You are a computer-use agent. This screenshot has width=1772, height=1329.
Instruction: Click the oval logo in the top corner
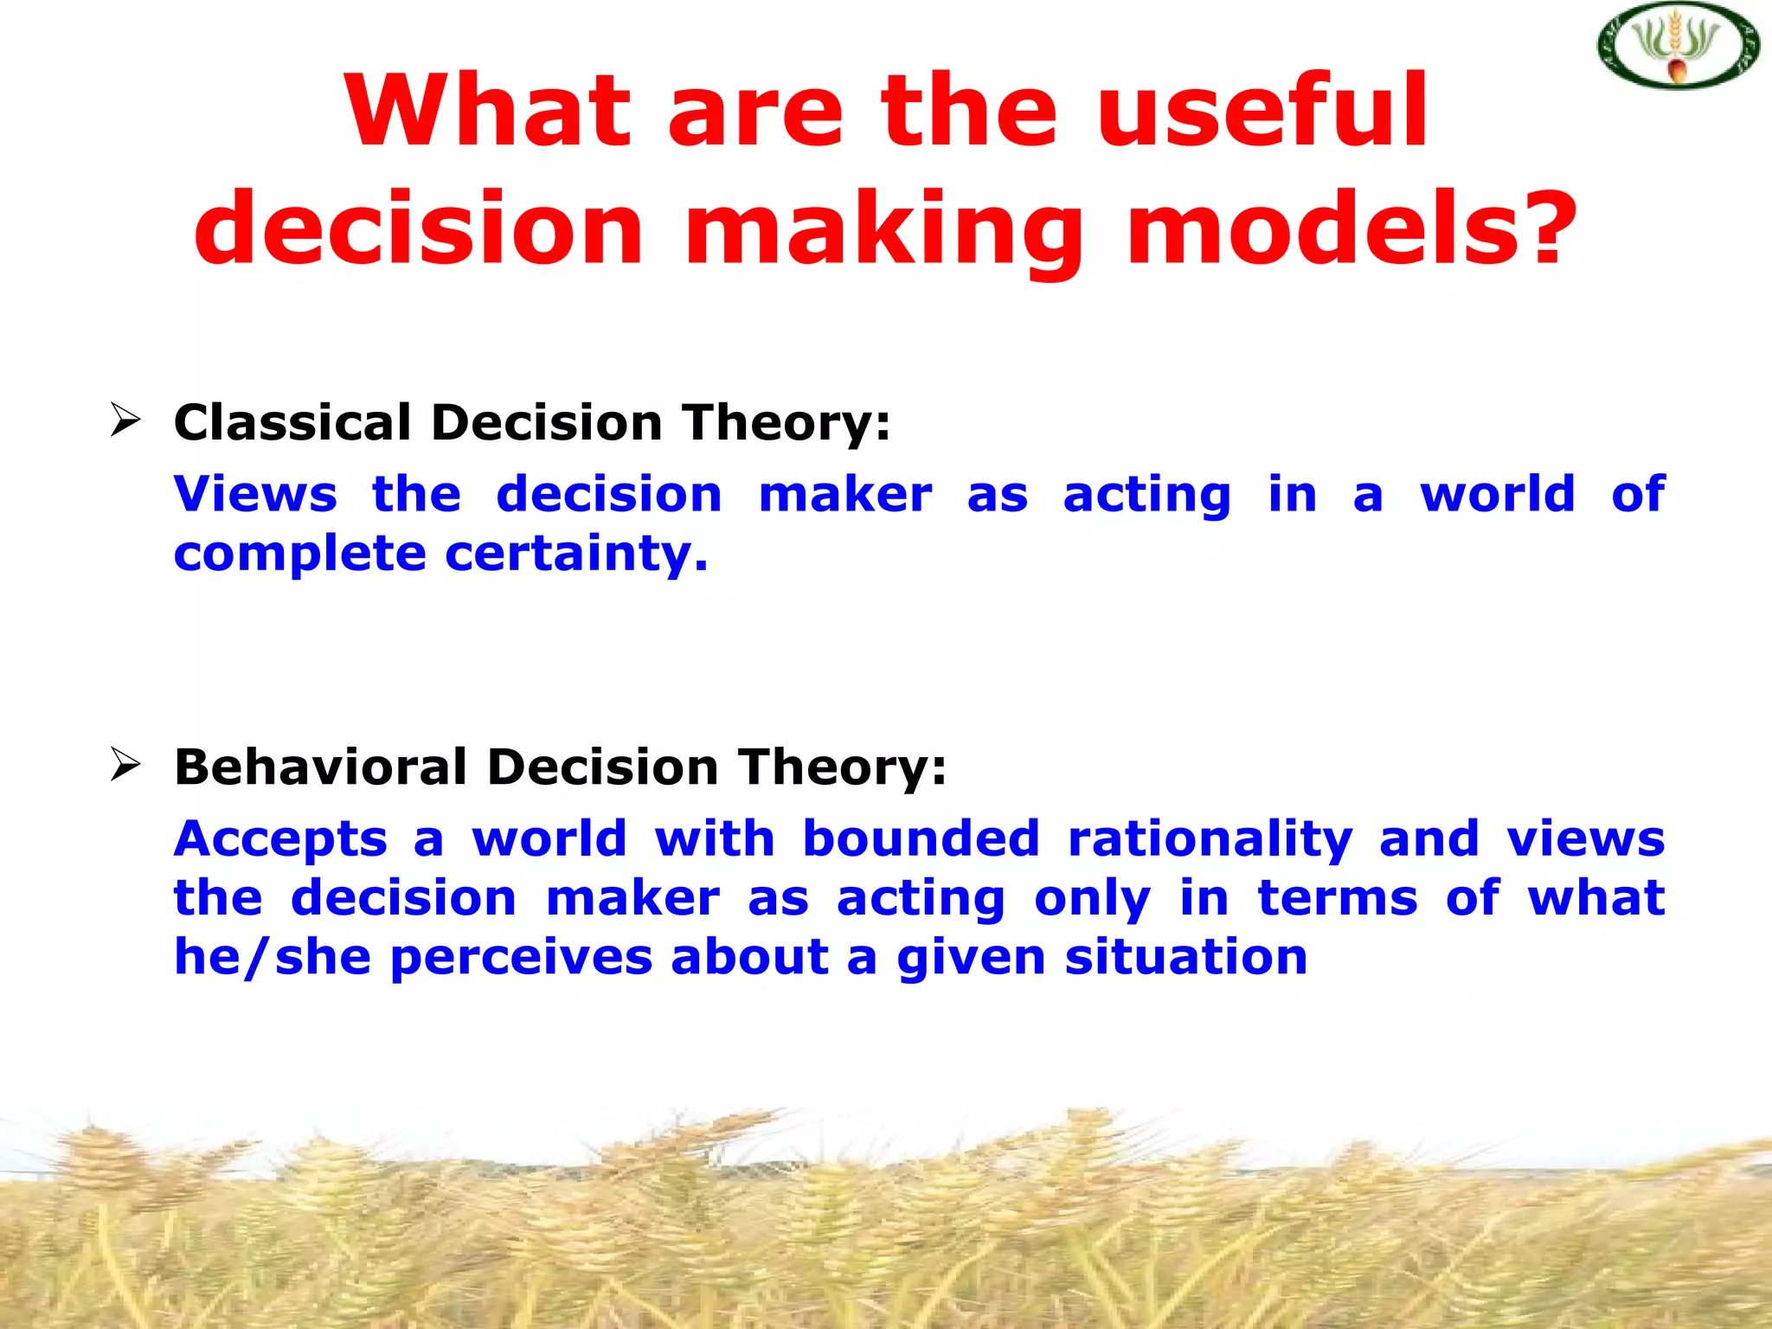1678,46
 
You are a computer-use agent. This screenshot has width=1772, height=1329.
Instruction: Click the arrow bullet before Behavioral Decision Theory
125,765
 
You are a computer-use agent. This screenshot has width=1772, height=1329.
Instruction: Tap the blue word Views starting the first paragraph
255,494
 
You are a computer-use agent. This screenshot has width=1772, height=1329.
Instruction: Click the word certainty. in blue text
576,555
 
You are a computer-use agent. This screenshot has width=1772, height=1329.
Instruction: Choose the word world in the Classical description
1498,494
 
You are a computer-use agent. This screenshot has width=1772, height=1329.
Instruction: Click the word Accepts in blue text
280,840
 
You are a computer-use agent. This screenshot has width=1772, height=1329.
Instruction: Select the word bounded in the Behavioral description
921,838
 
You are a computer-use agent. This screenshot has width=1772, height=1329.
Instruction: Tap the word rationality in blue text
1210,840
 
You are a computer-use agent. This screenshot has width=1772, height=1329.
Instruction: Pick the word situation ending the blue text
1186,958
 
